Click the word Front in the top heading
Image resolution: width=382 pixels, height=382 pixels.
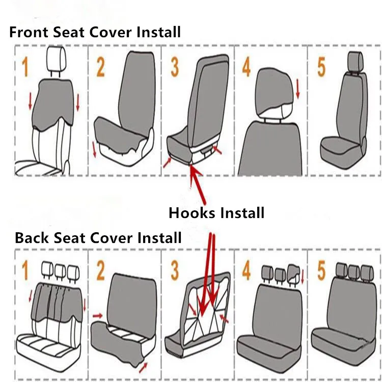29,32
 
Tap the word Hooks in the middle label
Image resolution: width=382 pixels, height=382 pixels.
192,213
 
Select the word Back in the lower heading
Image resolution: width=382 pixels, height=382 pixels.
32,238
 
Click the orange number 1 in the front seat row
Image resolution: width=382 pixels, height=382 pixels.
25,67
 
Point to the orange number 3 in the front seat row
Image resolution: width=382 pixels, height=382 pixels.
175,67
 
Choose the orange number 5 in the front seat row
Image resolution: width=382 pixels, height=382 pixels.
321,67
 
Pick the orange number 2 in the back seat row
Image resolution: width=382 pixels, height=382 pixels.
101,270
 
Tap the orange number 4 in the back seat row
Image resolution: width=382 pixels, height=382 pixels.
247,270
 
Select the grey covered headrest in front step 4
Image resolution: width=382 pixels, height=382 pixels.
274,91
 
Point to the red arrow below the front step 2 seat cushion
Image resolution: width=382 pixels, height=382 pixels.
94,150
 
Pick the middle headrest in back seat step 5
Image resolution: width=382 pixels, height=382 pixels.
354,271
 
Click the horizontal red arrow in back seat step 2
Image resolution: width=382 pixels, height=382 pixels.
98,316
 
